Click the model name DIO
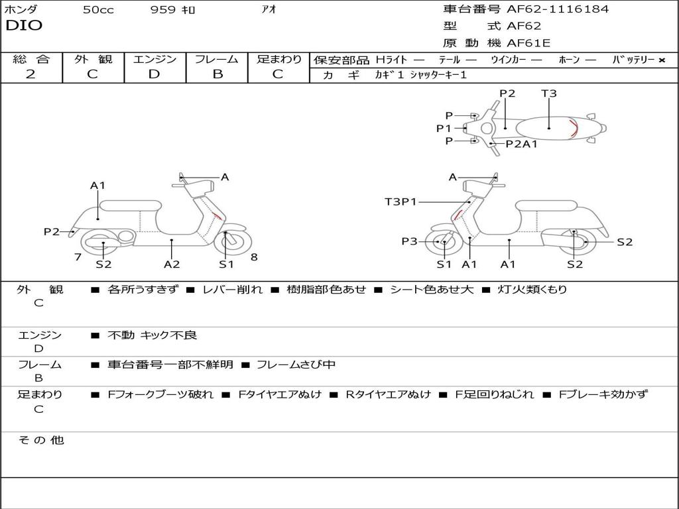(x=24, y=25)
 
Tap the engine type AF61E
(x=528, y=44)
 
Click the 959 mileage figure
(x=162, y=10)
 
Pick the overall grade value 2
(x=30, y=74)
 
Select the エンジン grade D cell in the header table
(x=154, y=74)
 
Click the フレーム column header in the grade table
(x=217, y=60)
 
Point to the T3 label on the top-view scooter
(x=549, y=93)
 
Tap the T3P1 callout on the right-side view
(x=401, y=201)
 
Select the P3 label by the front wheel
(x=409, y=242)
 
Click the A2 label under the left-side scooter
(x=172, y=264)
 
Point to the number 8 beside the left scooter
(x=254, y=257)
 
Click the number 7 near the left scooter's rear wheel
(x=78, y=256)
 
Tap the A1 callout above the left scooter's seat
(x=98, y=186)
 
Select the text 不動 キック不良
(x=152, y=335)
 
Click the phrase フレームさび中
(x=296, y=365)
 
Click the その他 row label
(x=41, y=440)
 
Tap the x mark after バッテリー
(x=662, y=60)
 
